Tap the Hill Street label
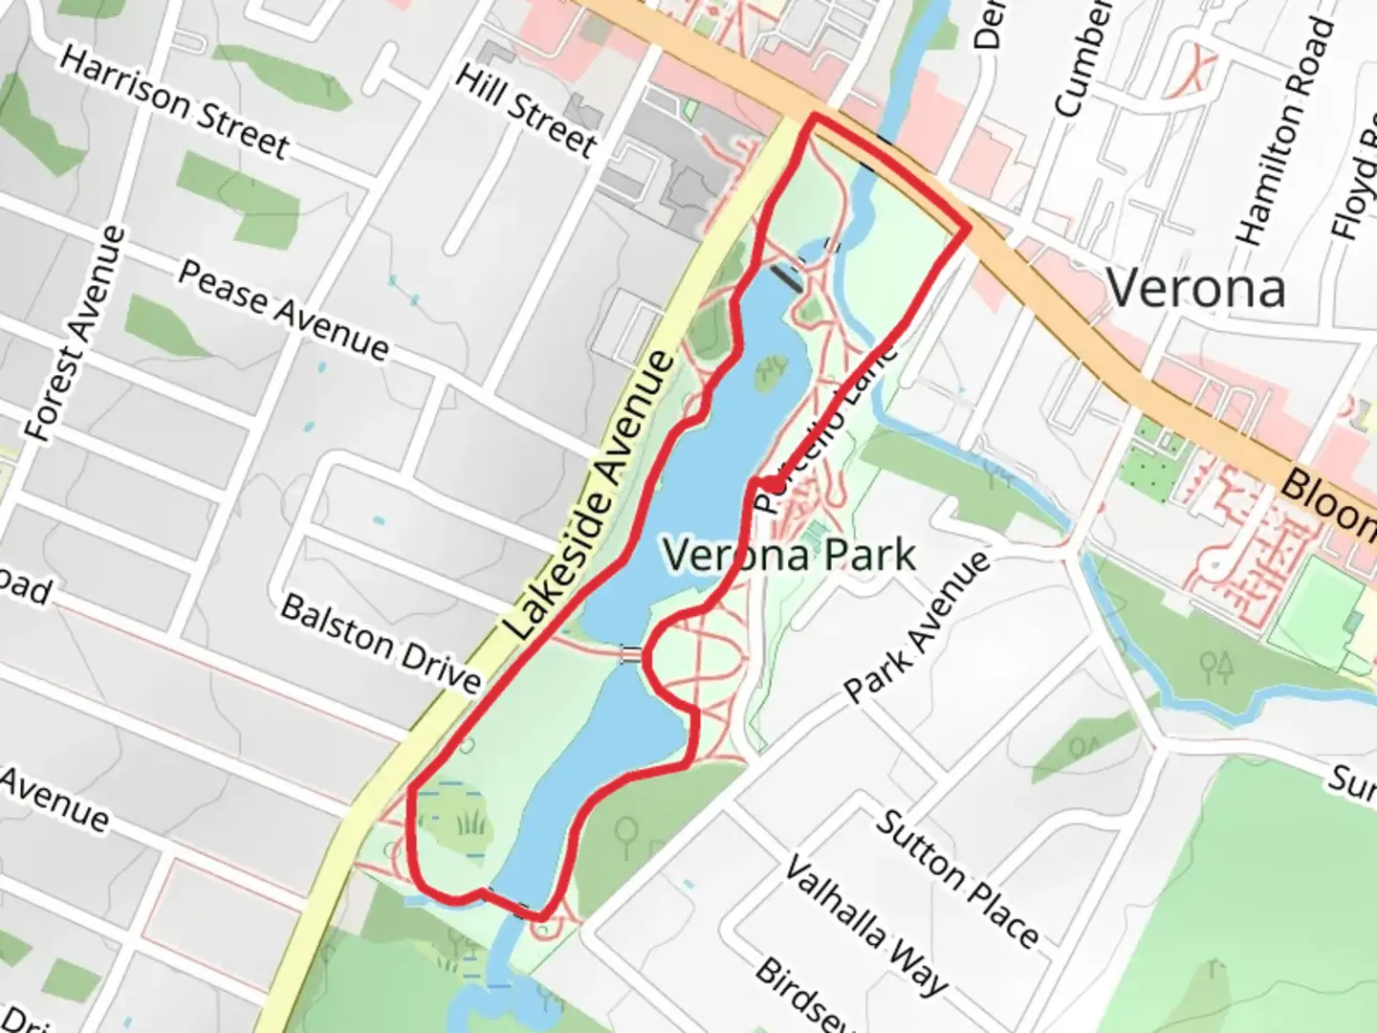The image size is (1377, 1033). coord(526,110)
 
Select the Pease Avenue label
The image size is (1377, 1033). coord(284,311)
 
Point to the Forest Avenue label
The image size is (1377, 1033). coord(76,334)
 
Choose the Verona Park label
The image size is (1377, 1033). coord(789,555)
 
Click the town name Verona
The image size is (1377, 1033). coord(1195,288)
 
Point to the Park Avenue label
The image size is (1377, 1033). coord(918,626)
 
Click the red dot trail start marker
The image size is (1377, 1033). coord(770,485)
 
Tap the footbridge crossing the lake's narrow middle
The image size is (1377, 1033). coord(631,655)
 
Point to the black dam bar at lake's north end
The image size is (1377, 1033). coord(789,277)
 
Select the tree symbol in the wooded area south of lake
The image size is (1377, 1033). coord(627,834)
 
